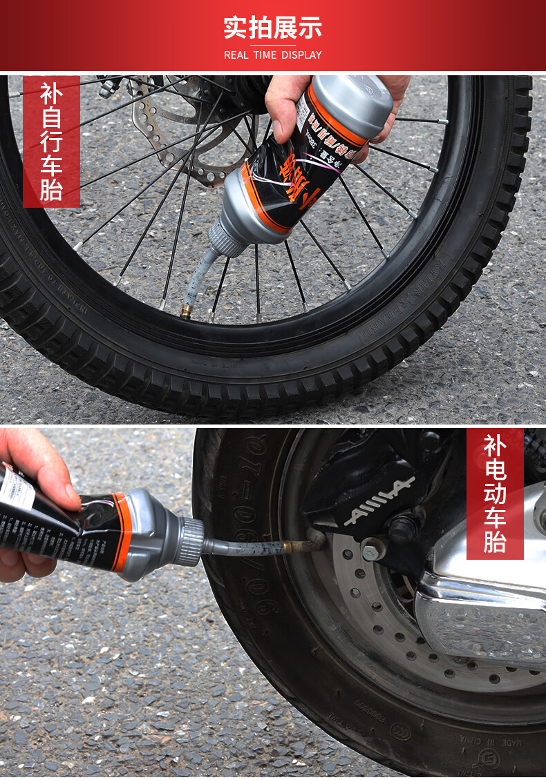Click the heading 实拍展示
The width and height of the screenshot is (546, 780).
click(272, 28)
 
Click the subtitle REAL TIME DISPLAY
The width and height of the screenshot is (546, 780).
click(272, 55)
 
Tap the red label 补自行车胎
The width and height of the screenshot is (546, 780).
click(51, 141)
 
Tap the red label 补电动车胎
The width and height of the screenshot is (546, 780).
click(494, 493)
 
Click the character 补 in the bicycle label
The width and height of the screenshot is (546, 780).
click(51, 93)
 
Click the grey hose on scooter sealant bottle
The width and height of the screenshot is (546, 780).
click(242, 547)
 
